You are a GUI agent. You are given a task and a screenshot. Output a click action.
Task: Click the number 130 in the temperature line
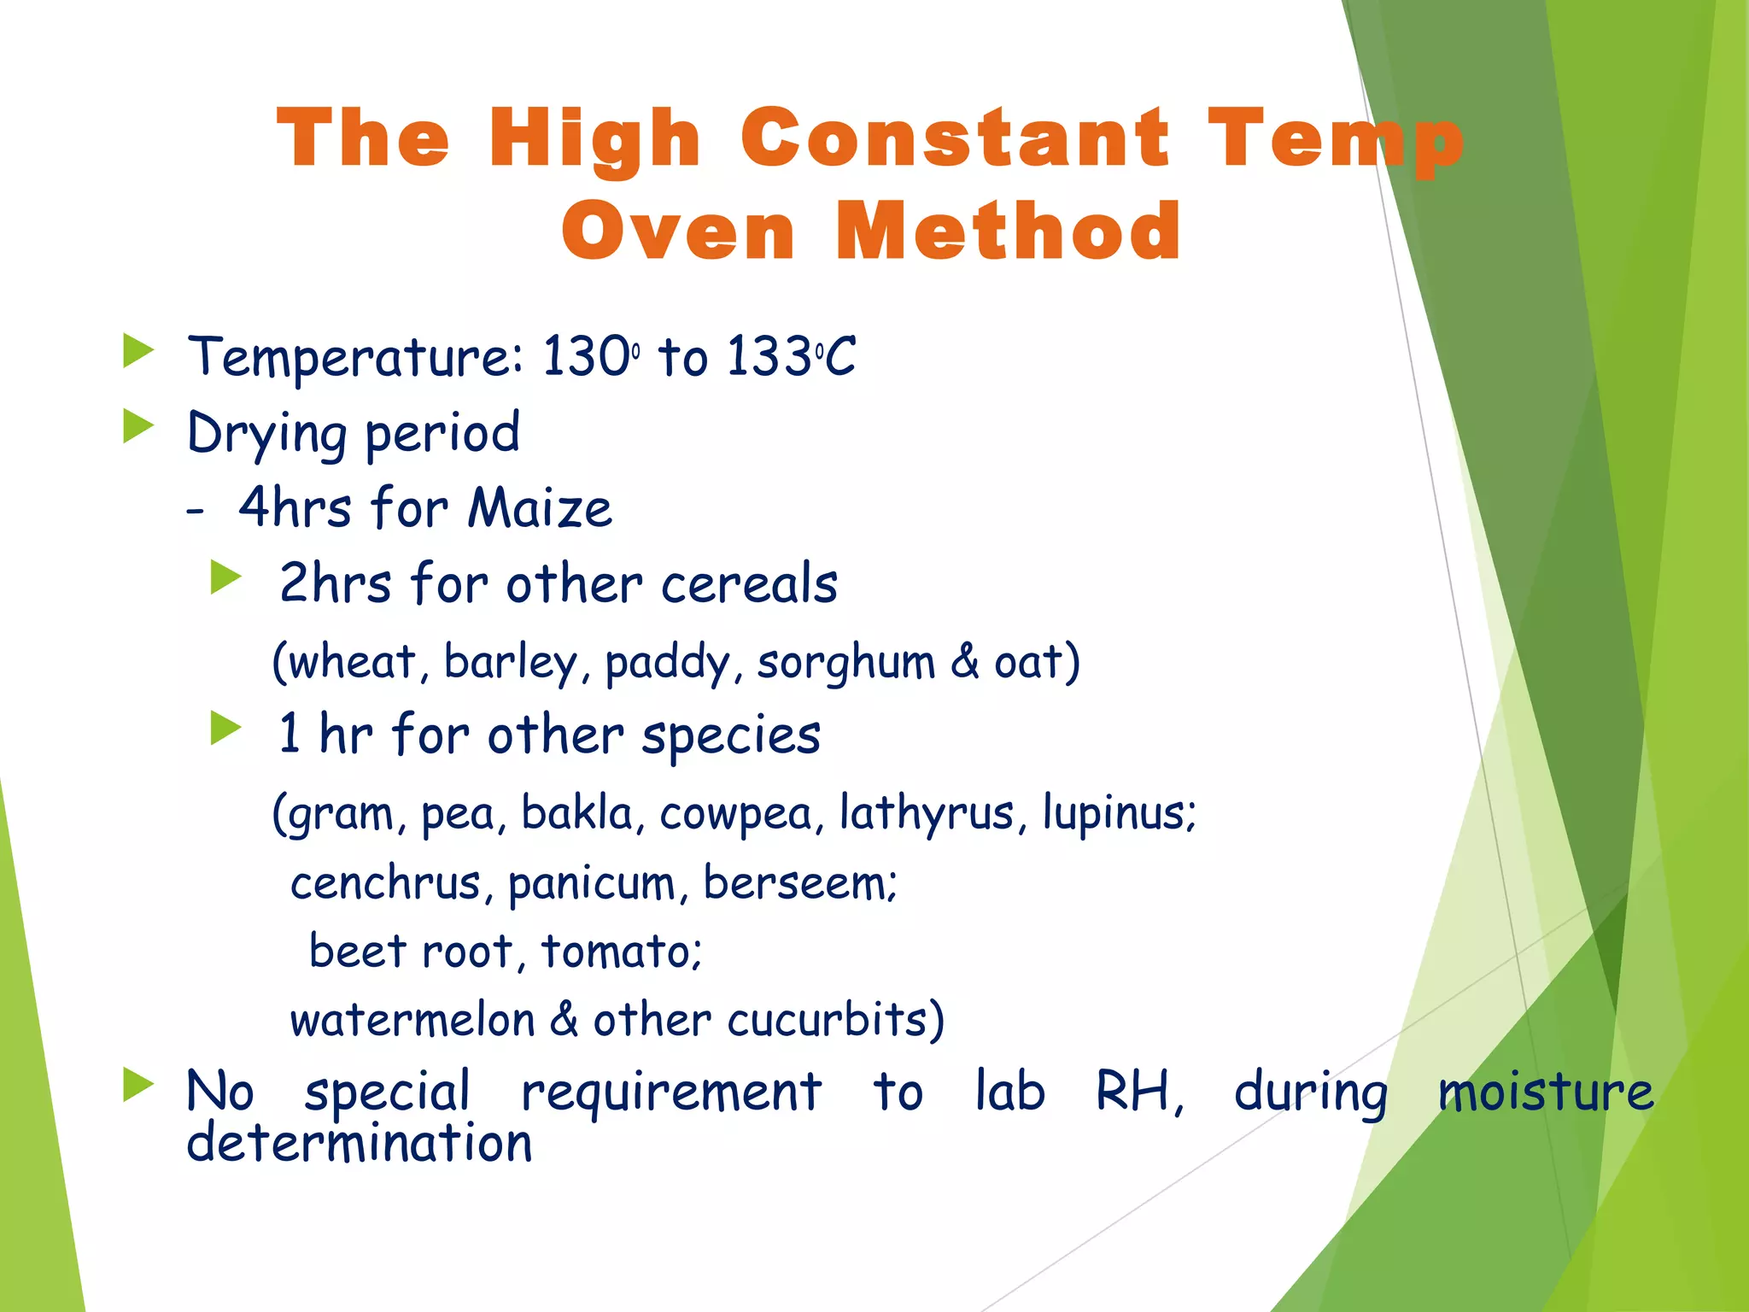(x=586, y=356)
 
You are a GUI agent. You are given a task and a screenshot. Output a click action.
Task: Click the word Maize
(x=540, y=508)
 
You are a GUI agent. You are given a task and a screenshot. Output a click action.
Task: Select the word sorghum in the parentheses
(x=846, y=663)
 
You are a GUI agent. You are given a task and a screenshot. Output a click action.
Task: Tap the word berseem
(x=799, y=882)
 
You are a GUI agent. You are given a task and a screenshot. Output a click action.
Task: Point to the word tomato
(x=621, y=951)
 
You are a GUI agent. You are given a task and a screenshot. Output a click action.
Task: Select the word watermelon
(x=412, y=1020)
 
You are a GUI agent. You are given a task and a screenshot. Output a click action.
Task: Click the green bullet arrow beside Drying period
(x=137, y=426)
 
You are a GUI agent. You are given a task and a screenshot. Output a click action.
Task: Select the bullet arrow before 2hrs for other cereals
(x=226, y=577)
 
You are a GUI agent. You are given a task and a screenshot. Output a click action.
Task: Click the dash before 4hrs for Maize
(x=196, y=511)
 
